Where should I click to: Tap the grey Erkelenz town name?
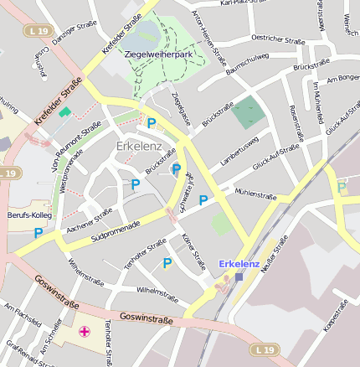point(139,147)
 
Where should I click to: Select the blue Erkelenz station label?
point(239,264)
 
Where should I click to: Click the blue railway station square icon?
point(239,277)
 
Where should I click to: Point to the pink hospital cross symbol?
point(85,332)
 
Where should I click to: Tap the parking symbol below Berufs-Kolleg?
point(39,232)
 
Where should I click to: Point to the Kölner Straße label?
point(193,253)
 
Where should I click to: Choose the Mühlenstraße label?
point(255,194)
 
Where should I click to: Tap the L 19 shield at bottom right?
point(265,349)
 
